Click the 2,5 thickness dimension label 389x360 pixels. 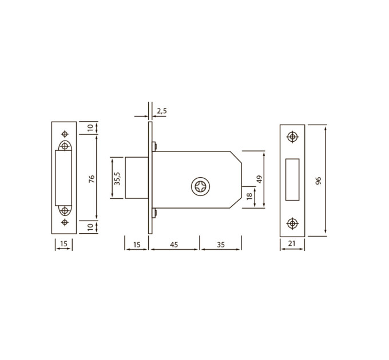[x=162, y=111]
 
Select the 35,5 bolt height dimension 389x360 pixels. [x=117, y=178]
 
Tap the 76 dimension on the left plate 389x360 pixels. [x=92, y=179]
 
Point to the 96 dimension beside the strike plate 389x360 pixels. [x=318, y=181]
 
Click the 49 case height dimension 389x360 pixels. [x=259, y=179]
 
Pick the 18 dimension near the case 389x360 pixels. [x=249, y=196]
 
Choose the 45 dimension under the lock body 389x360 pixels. [x=174, y=245]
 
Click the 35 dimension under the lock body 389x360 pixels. [x=221, y=245]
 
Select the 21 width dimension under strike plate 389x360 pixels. [x=292, y=243]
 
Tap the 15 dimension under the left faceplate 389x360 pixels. [x=63, y=244]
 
